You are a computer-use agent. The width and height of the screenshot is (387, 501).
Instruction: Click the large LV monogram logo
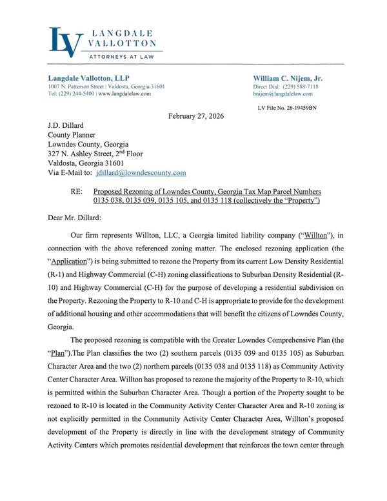[x=66, y=41]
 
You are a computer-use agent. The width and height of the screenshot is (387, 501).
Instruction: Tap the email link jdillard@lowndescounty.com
[x=141, y=173]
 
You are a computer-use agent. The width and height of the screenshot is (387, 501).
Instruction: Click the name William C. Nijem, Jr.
[x=288, y=77]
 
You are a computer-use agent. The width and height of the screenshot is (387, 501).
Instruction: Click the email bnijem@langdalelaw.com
[x=283, y=94]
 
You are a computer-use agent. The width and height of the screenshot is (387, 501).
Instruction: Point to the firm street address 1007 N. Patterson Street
[x=77, y=87]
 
